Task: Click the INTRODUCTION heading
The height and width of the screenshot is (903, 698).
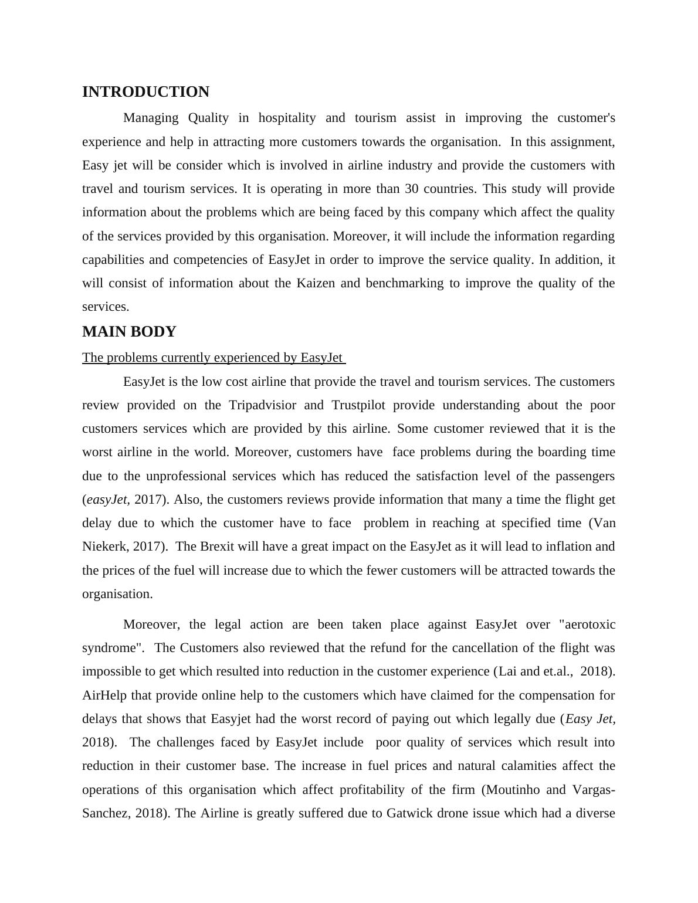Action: pos(145,92)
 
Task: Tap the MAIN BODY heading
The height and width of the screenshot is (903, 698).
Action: pos(129,332)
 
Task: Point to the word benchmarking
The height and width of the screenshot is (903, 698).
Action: pos(404,283)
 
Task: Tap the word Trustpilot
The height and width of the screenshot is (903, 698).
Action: pos(358,405)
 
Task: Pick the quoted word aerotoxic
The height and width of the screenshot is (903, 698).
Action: pos(588,624)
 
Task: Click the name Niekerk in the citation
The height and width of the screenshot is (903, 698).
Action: pos(104,546)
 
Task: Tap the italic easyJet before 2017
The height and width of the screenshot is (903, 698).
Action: pos(106,500)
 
